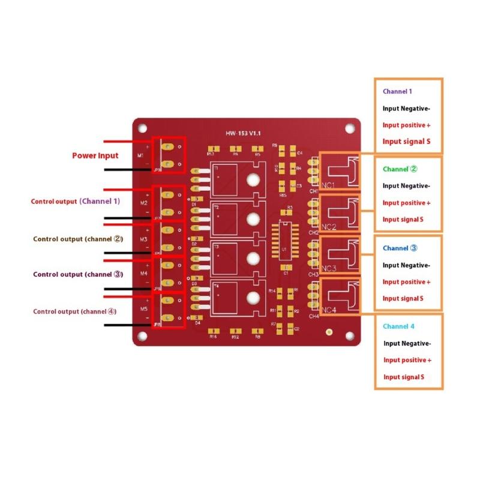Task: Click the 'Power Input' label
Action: (95, 155)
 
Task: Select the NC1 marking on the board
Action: (328, 184)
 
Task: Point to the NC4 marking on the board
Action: (328, 310)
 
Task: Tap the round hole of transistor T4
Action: (253, 297)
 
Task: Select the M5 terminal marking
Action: (144, 308)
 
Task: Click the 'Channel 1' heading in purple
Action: (397, 92)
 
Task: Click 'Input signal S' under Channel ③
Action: (403, 298)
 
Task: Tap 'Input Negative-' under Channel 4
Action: (407, 343)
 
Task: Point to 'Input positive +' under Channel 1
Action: (406, 125)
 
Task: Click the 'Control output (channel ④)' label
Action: (75, 311)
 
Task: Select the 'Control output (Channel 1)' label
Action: (75, 202)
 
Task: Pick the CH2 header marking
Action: (313, 232)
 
